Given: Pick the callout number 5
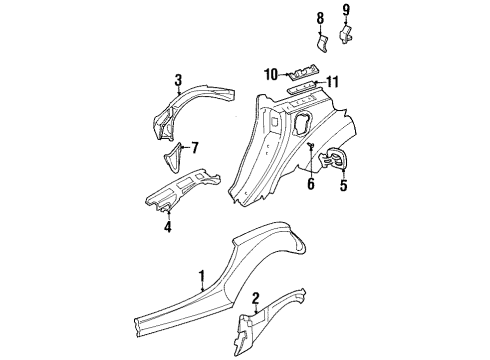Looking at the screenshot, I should point(344,184).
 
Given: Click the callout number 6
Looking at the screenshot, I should point(311,183).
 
